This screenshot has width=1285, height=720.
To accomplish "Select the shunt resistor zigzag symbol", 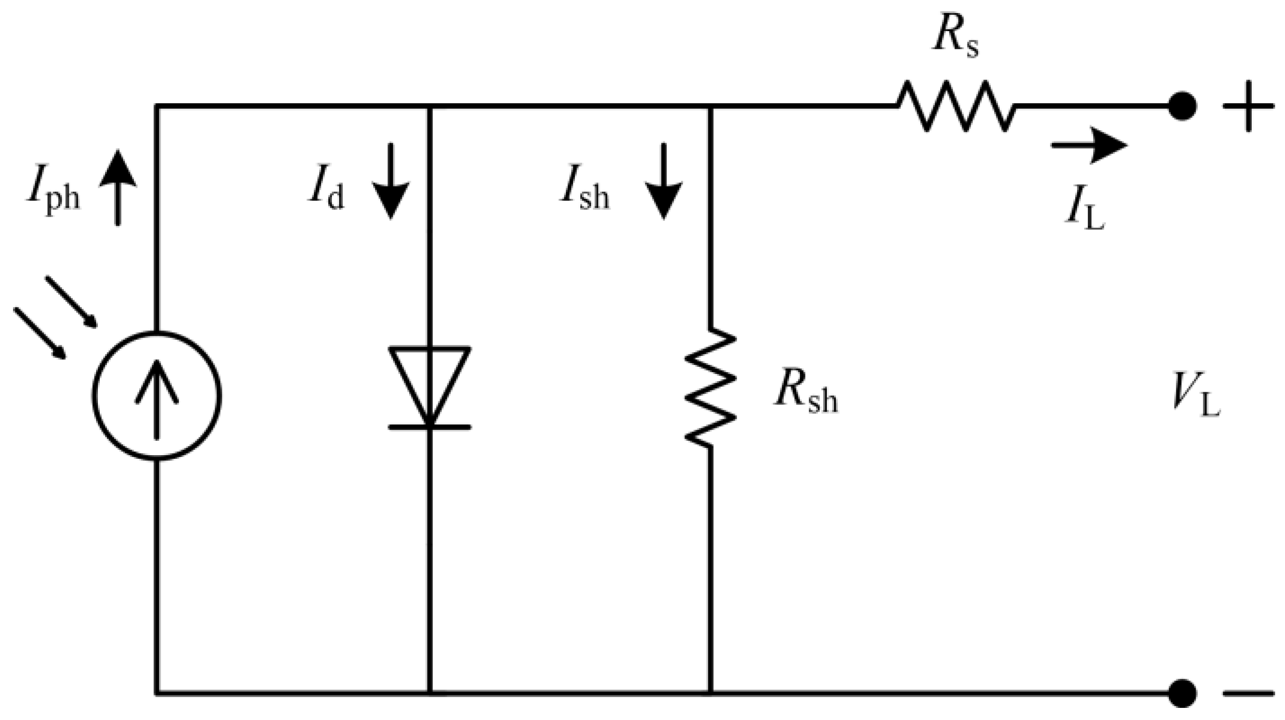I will point(711,387).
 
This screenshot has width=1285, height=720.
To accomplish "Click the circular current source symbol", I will point(157,395).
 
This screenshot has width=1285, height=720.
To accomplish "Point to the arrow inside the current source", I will point(157,399).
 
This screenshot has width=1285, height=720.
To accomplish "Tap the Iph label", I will point(53,193).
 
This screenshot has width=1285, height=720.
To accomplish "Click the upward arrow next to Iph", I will point(118,187).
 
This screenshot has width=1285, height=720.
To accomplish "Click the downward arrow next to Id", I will point(391,181).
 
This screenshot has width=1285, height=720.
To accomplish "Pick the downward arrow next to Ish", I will point(663,181).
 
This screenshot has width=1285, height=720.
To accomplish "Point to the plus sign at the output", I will point(1248,106).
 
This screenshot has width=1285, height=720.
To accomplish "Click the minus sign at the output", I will point(1248,693).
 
